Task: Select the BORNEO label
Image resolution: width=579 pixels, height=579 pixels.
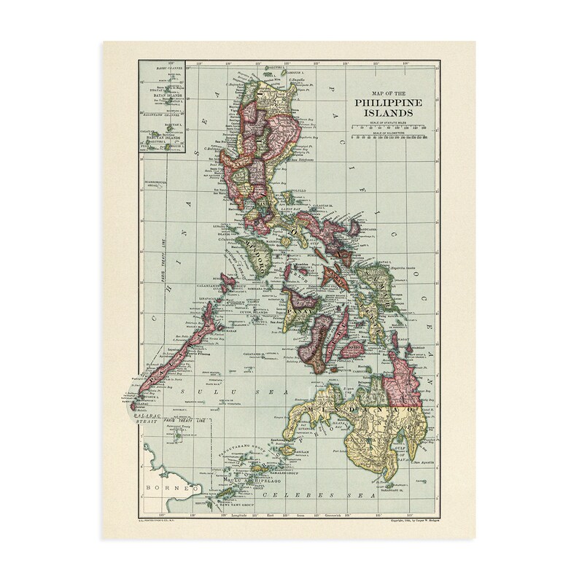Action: coord(161,486)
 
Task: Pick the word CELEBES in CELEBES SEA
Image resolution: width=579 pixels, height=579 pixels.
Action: coord(300,496)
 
